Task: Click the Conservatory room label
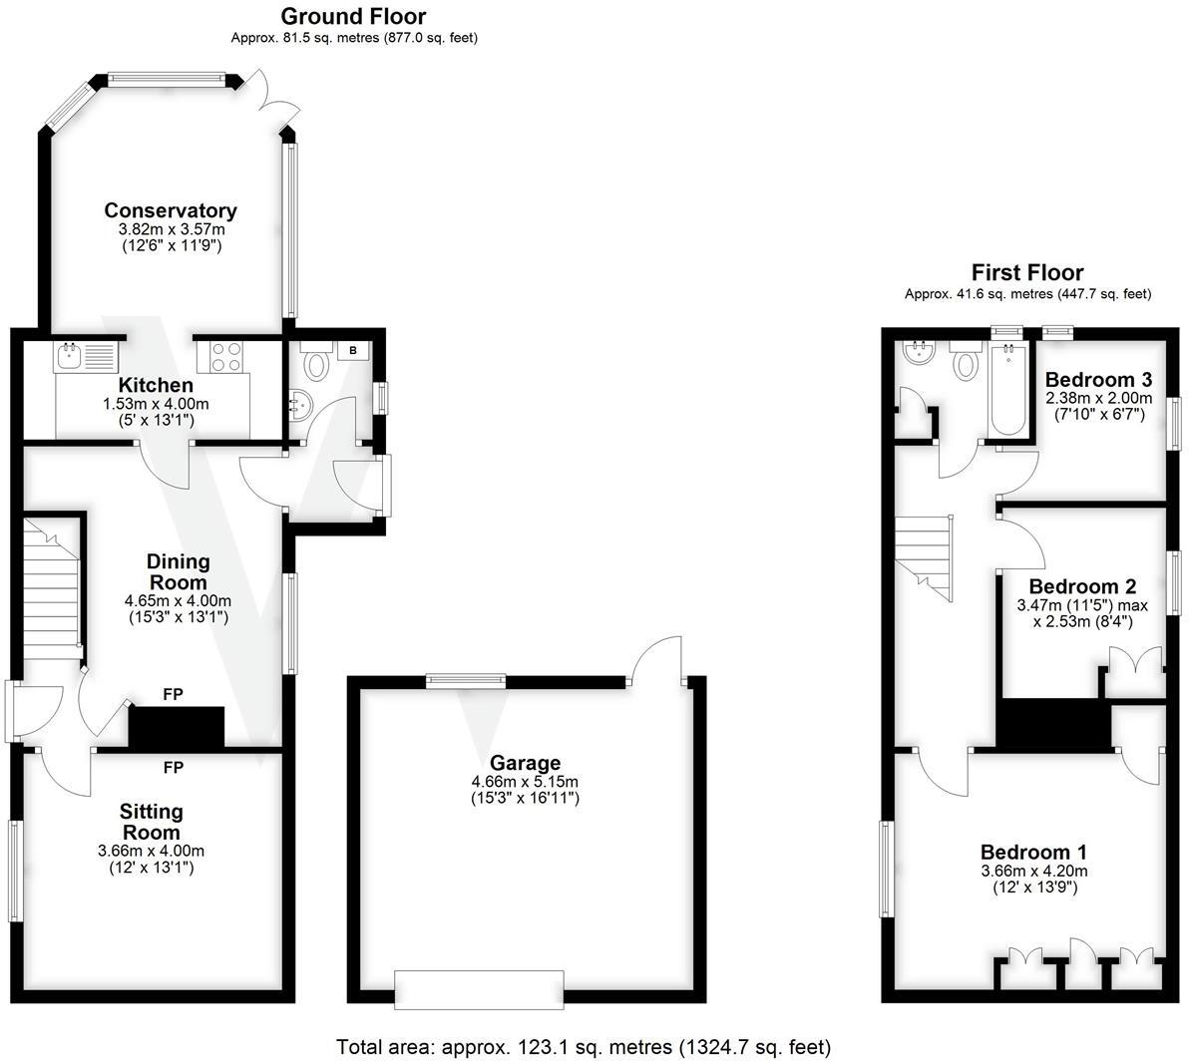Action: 171,210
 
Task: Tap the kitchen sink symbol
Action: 86,356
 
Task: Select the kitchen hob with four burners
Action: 226,356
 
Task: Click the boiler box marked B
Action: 353,351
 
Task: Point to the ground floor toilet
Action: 317,363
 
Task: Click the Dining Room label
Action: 178,572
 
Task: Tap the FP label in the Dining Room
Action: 173,695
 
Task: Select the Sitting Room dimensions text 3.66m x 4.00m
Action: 151,851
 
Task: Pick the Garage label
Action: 524,763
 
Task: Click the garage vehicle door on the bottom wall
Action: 479,987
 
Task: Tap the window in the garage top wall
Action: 465,681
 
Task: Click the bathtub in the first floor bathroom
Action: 1006,390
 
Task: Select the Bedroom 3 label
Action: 1098,380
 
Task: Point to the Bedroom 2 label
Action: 1082,586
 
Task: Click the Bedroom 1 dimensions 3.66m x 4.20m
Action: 1033,871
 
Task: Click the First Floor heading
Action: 1026,272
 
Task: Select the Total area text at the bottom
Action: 583,1047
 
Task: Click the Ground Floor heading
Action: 353,16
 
